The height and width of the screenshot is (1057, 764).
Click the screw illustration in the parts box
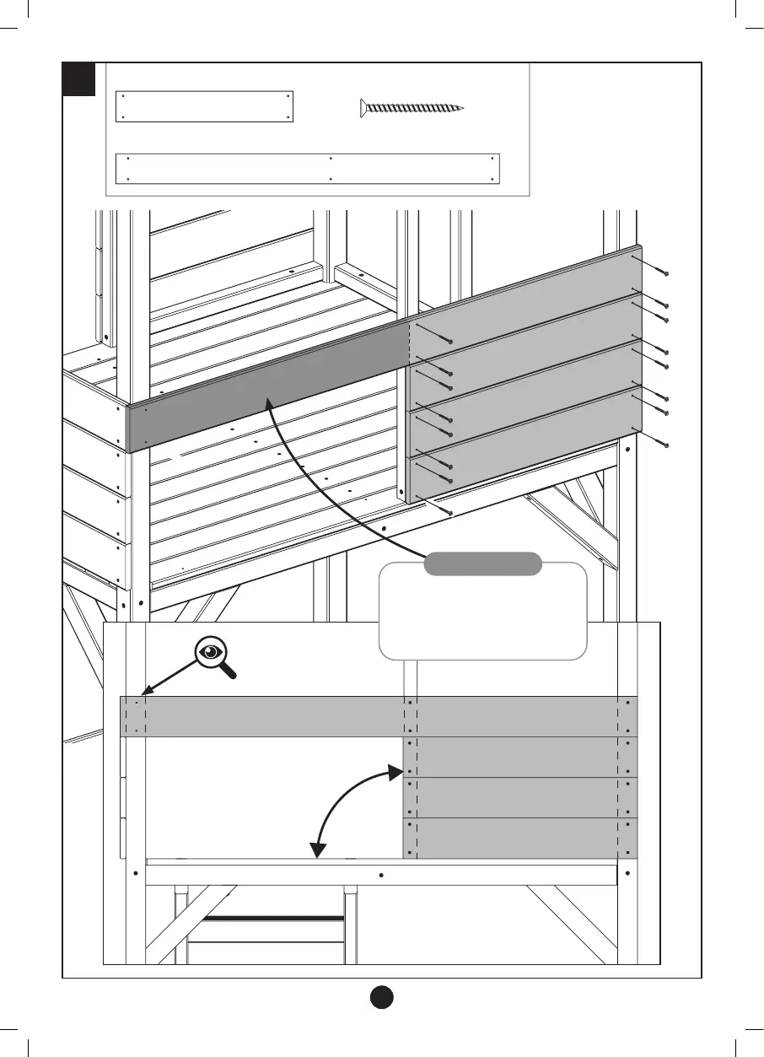412,107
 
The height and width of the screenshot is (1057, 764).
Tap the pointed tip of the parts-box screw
463,108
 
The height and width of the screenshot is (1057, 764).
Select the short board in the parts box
204,107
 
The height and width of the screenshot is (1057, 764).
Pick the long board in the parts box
308,168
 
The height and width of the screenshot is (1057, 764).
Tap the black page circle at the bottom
381,995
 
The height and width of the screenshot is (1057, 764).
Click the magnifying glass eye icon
211,655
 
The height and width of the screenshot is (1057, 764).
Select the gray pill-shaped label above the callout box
482,564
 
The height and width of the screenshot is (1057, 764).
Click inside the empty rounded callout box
482,620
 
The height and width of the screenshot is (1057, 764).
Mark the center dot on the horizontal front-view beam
381,875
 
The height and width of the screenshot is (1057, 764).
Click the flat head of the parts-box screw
363,107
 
